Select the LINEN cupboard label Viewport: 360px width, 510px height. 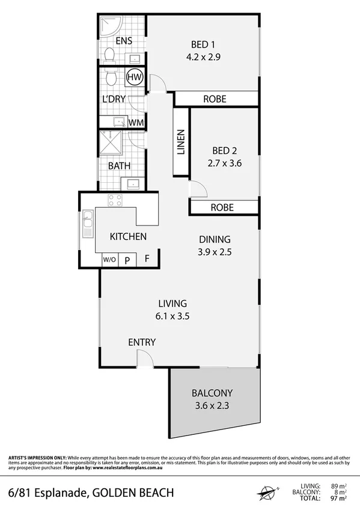(x=181, y=143)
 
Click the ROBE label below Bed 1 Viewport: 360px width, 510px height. (x=214, y=99)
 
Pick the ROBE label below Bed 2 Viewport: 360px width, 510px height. (x=222, y=207)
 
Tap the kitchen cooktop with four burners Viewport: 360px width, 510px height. (x=114, y=201)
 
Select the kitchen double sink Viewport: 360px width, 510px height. (x=88, y=224)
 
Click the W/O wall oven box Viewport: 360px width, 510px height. (x=109, y=260)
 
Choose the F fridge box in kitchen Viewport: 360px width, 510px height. (x=147, y=260)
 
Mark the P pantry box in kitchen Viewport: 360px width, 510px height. (x=127, y=260)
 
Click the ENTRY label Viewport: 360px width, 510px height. (x=142, y=342)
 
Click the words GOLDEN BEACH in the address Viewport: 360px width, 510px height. (x=133, y=493)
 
